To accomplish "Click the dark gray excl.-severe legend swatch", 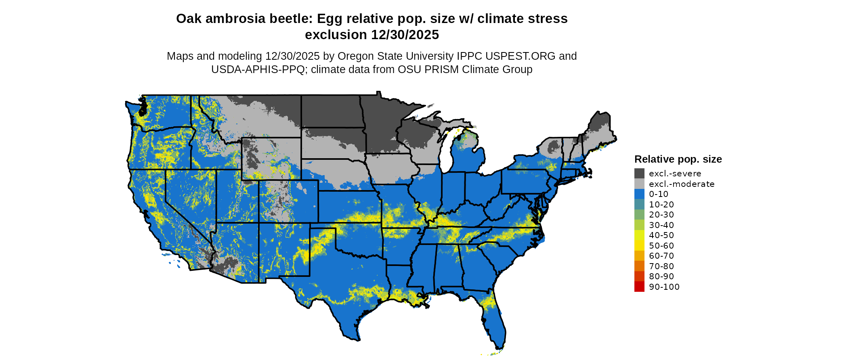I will coord(639,174).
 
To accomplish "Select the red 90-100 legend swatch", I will coord(639,287).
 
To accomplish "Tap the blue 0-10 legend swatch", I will coord(639,194).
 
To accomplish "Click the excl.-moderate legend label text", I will coord(682,184).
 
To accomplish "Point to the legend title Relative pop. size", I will coord(678,159).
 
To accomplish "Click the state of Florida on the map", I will coord(495,323).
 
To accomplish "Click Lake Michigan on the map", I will coord(445,153).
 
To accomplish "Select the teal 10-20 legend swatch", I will coord(639,205).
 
